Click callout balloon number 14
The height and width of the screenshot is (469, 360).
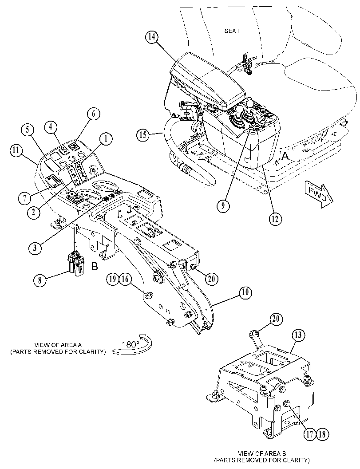[152, 37]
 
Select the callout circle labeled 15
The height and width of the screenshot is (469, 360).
[143, 135]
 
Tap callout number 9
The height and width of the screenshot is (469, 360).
[223, 206]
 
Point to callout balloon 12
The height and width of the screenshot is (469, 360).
[275, 219]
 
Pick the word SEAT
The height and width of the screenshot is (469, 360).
[232, 31]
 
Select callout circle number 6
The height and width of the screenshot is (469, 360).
[93, 114]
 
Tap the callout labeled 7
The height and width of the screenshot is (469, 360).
[24, 197]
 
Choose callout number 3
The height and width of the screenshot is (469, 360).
[36, 248]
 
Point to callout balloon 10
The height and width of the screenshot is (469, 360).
[245, 292]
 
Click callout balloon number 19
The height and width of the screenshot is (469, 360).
[113, 280]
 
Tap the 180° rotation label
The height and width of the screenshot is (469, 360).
[131, 344]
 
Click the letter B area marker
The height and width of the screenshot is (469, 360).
[94, 266]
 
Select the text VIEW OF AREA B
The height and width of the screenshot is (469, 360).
[262, 453]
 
